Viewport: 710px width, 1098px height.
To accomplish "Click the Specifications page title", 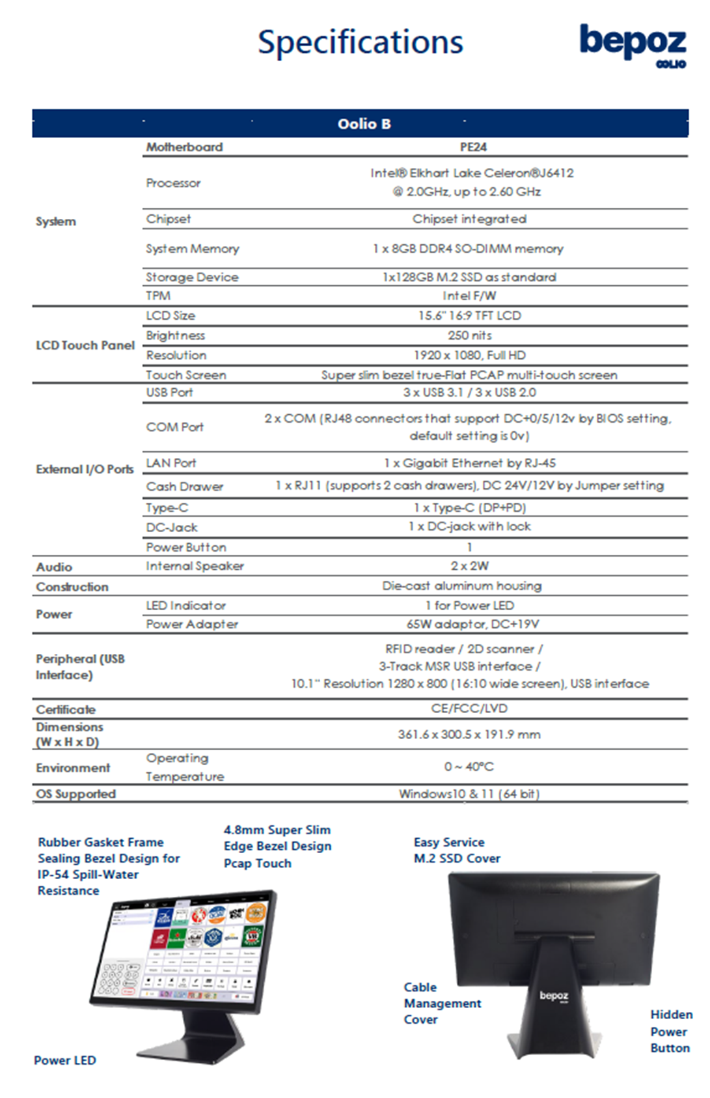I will [x=360, y=42].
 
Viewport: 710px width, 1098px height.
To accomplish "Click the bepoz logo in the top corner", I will [x=632, y=44].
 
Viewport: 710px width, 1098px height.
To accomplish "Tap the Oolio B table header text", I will [x=364, y=124].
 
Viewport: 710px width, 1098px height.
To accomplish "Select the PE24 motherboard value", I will [x=473, y=147].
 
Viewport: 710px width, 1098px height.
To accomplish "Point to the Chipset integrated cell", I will [x=469, y=219].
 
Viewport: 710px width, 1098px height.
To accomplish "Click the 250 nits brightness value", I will [x=469, y=335].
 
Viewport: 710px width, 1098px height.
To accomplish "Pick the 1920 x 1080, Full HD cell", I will [x=469, y=355].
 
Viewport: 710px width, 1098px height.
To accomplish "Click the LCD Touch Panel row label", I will [x=85, y=345].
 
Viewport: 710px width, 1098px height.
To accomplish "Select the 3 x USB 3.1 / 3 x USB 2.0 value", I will [x=469, y=392].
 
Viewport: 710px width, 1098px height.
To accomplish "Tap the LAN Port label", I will [x=171, y=463].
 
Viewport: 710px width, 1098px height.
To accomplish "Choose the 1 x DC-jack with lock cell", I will [x=469, y=526].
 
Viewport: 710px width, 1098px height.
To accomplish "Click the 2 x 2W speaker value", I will [x=469, y=566].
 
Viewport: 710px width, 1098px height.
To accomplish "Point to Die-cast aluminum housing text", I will [x=461, y=585].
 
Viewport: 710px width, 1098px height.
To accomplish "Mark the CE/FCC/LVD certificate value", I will [x=469, y=708].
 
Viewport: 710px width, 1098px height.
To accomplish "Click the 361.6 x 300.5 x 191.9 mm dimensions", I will [x=469, y=735].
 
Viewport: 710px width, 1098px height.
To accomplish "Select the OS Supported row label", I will [x=76, y=794].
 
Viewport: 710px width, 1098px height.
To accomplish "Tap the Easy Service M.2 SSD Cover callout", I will [x=457, y=850].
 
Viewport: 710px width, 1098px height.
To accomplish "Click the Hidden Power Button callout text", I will [x=670, y=1031].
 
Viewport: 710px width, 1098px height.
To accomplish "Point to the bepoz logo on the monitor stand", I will [x=554, y=996].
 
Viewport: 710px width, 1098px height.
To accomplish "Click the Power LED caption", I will [x=65, y=1060].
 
